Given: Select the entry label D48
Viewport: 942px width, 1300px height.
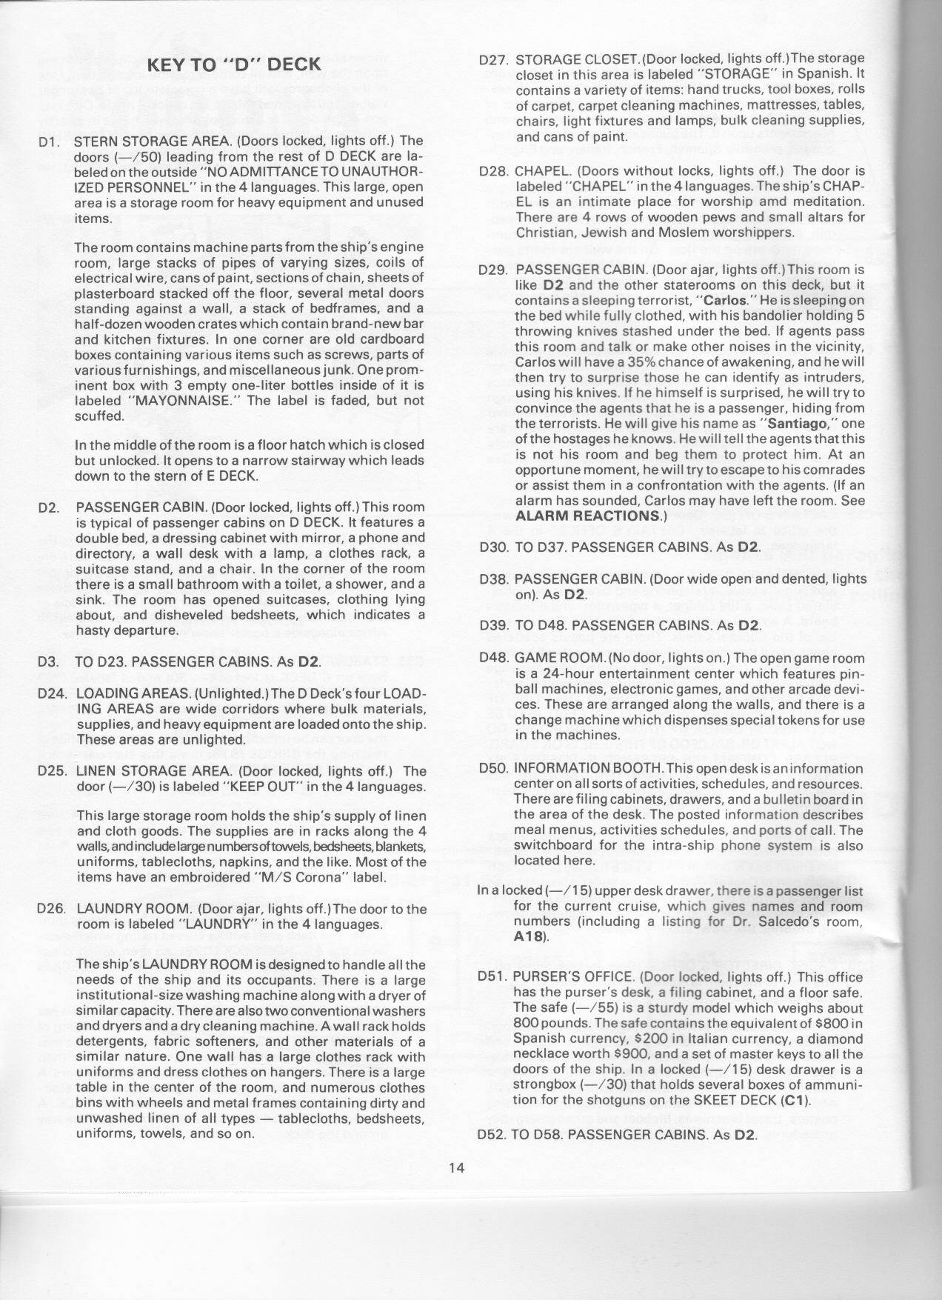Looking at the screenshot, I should tap(494, 658).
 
